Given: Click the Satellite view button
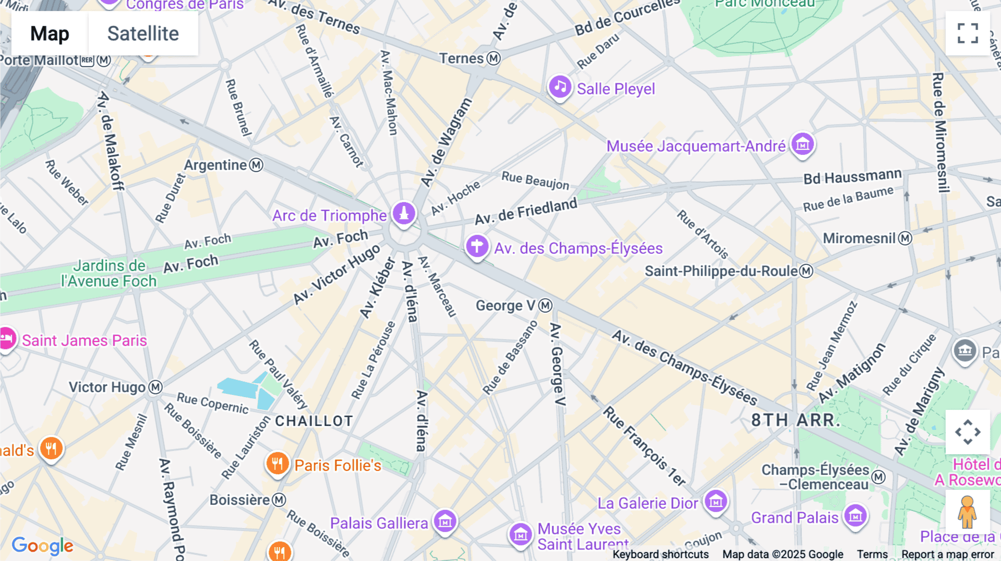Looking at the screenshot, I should pos(143,34).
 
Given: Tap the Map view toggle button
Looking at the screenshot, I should pos(49,34).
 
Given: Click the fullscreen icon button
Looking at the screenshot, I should pos(968,33).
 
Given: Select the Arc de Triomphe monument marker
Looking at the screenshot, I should pos(404,213).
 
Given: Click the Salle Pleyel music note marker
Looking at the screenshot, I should pos(560,87).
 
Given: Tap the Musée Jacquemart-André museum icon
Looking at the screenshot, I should pos(802,144).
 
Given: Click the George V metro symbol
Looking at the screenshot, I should pos(546,305).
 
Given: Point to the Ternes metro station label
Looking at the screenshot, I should pos(462,58).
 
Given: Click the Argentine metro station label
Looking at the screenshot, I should pos(215,165).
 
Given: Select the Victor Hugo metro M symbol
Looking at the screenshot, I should pos(156,387).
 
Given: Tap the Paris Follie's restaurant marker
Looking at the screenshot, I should pos(277,463).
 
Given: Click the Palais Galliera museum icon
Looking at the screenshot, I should pos(445,522).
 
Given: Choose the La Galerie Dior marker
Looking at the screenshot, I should pos(716,502).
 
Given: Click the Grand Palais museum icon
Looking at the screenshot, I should pos(855,516).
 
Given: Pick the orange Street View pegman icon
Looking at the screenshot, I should pos(967,512).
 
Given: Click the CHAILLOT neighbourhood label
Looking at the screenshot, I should pos(314,421).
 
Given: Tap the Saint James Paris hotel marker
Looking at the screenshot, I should pos(7,338).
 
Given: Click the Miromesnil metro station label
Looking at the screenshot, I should pos(859,238).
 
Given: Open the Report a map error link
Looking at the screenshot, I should pos(948,554).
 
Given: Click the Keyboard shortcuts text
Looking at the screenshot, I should pos(661,554).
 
